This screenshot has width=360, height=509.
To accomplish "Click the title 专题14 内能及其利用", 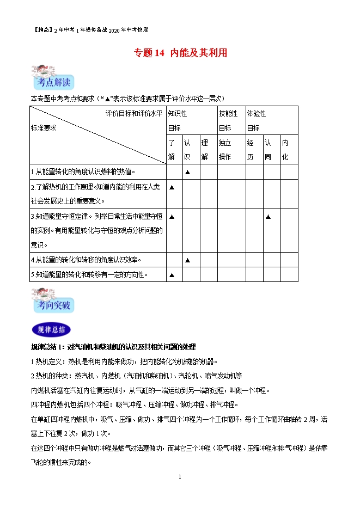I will pyautogui.click(x=180, y=53).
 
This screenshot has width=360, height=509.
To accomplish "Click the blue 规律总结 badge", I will pyautogui.click(x=51, y=329).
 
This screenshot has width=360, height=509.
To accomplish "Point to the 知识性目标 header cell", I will pyautogui.click(x=191, y=120).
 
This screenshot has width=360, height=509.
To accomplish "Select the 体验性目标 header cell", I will pyautogui.click(x=271, y=120).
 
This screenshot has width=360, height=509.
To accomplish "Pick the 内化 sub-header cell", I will pyautogui.click(x=289, y=150).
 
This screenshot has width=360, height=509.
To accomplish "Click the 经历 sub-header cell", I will pyautogui.click(x=253, y=150).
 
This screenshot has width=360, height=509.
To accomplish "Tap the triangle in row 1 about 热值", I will pyautogui.click(x=188, y=172).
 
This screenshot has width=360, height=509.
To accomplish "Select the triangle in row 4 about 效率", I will pyautogui.click(x=188, y=260).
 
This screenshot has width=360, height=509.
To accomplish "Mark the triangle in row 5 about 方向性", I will pyautogui.click(x=172, y=275).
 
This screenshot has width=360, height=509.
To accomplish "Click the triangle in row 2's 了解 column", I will pyautogui.click(x=172, y=188).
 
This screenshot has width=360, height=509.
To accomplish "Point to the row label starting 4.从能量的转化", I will pyautogui.click(x=90, y=260).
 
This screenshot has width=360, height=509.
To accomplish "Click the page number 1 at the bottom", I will pyautogui.click(x=180, y=476).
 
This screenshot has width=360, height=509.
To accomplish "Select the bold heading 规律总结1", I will pyautogui.click(x=113, y=347).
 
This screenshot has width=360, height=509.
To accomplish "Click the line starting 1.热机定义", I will pyautogui.click(x=123, y=361).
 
